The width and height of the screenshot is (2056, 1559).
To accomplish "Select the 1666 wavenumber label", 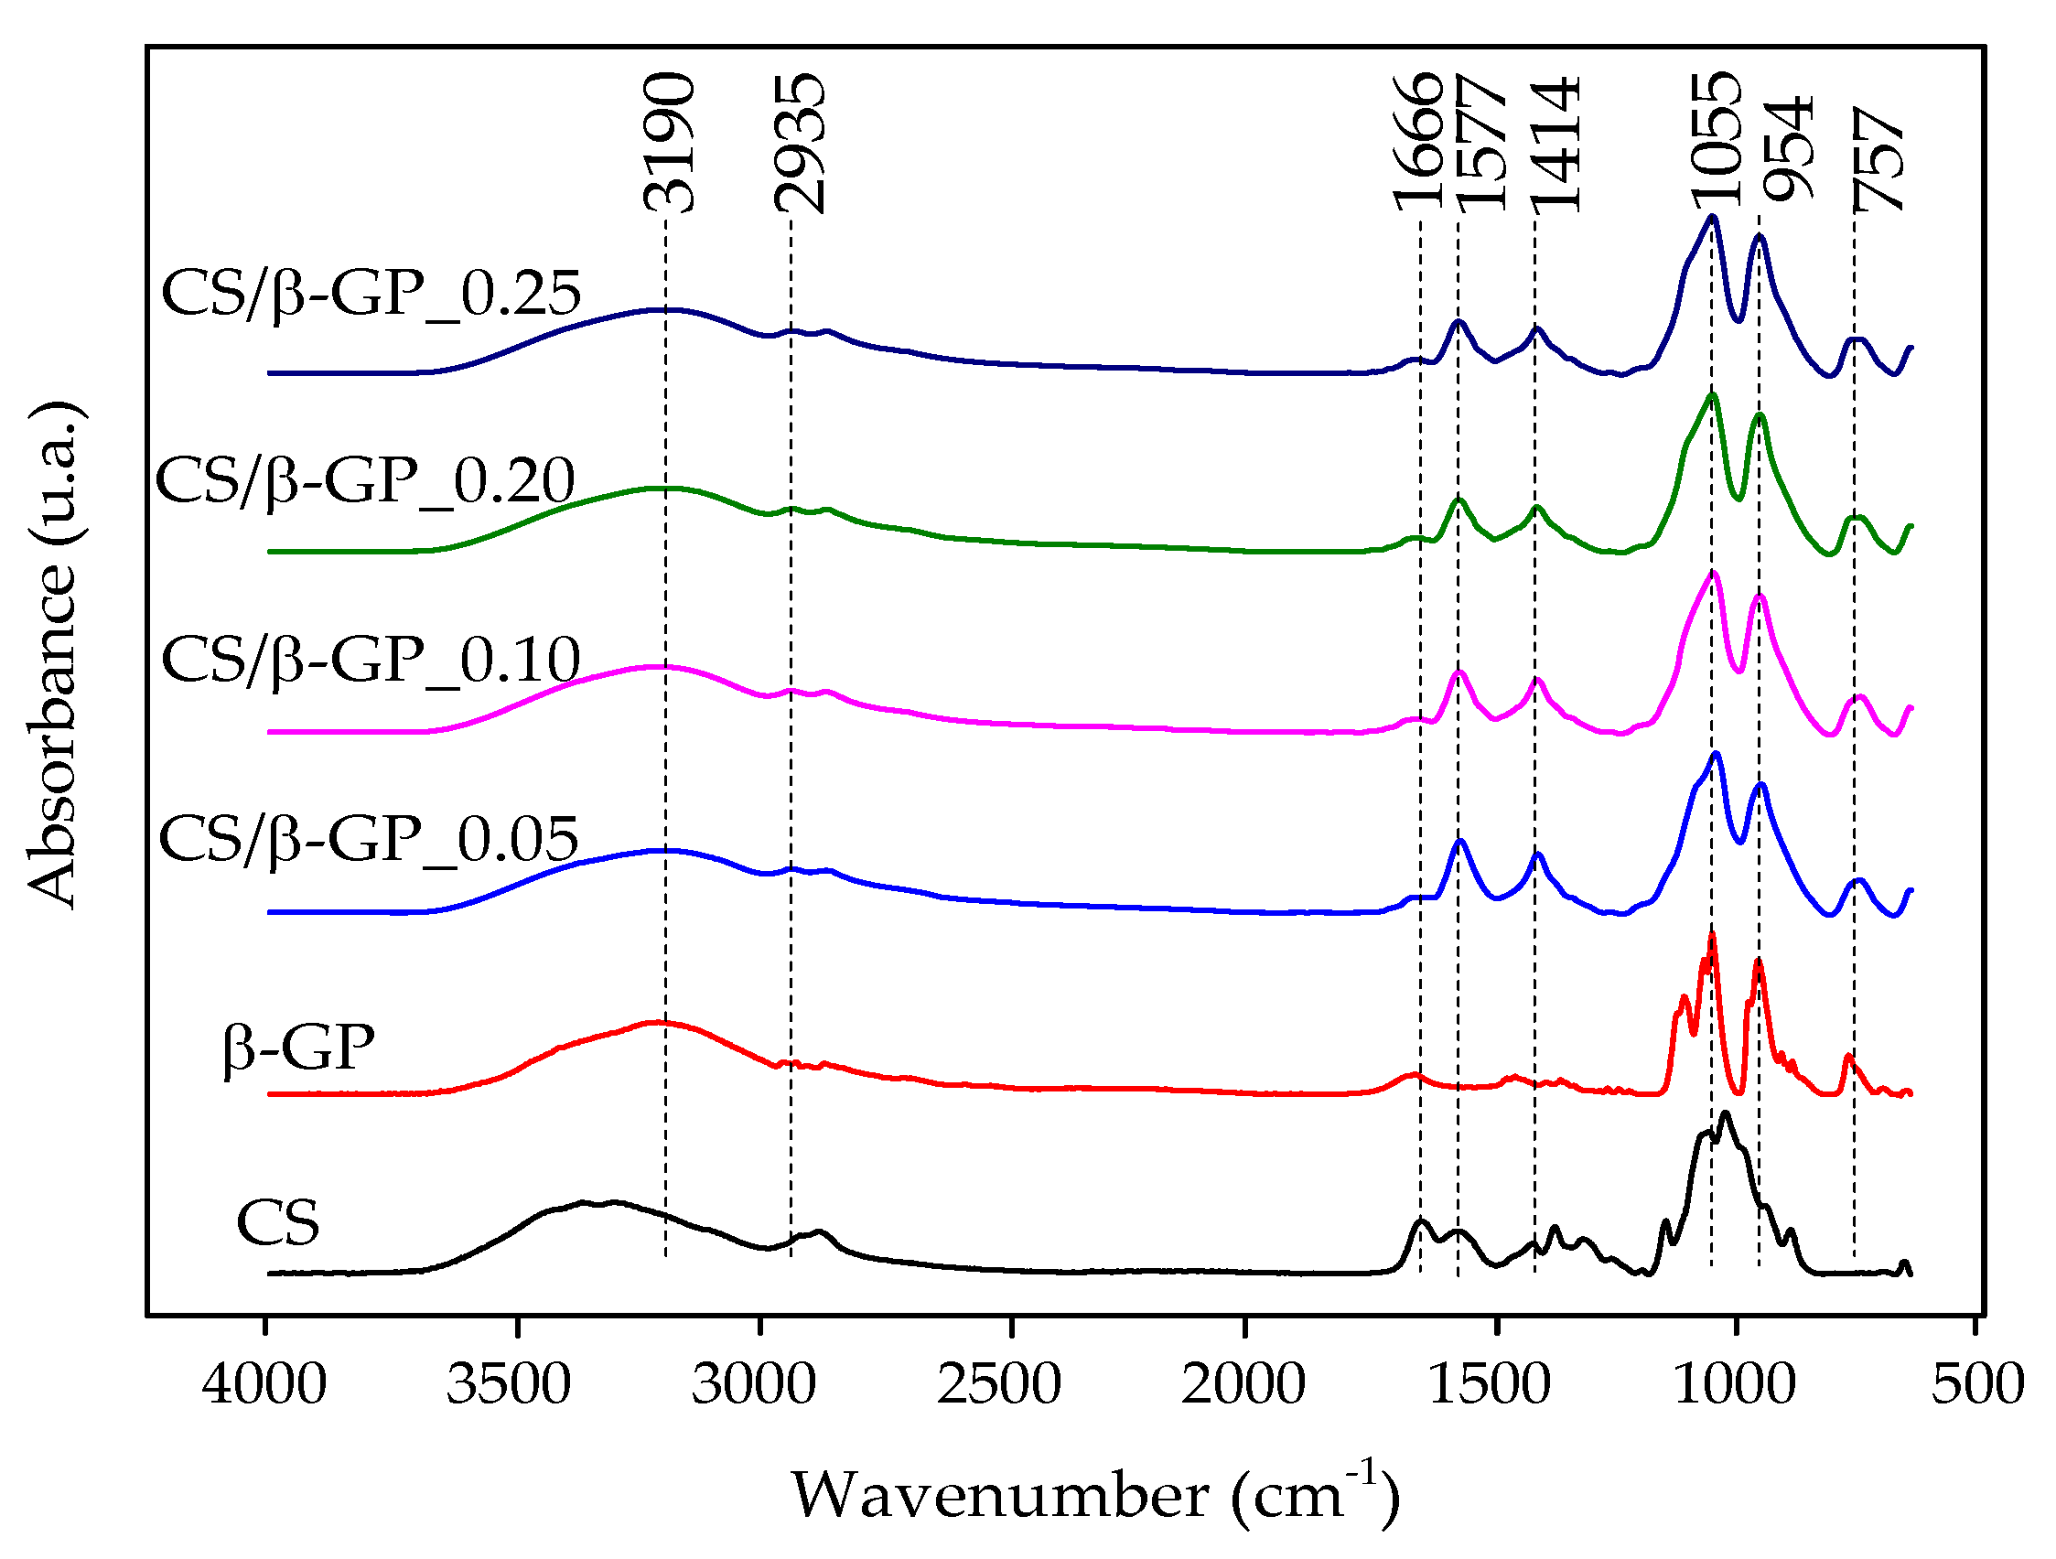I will point(1417,142).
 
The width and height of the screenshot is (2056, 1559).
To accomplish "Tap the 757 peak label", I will point(1878,159).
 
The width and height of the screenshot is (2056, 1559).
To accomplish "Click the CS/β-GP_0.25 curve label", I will point(371,294).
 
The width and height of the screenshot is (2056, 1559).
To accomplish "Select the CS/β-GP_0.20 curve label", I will point(365,481).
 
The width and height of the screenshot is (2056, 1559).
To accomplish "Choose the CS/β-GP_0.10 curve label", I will point(371,661).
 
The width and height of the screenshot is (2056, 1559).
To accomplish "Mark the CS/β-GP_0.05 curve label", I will point(369,840).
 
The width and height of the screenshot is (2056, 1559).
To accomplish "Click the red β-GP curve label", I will point(298,1048).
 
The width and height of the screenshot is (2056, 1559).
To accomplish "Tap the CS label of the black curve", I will point(278,1223).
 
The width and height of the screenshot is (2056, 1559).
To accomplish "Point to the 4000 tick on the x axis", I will point(265,1384).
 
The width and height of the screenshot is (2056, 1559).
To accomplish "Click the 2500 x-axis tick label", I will point(999,1384).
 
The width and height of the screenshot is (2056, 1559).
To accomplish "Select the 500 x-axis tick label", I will point(1978,1384).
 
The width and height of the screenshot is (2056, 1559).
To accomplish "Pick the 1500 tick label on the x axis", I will point(1490,1384).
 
